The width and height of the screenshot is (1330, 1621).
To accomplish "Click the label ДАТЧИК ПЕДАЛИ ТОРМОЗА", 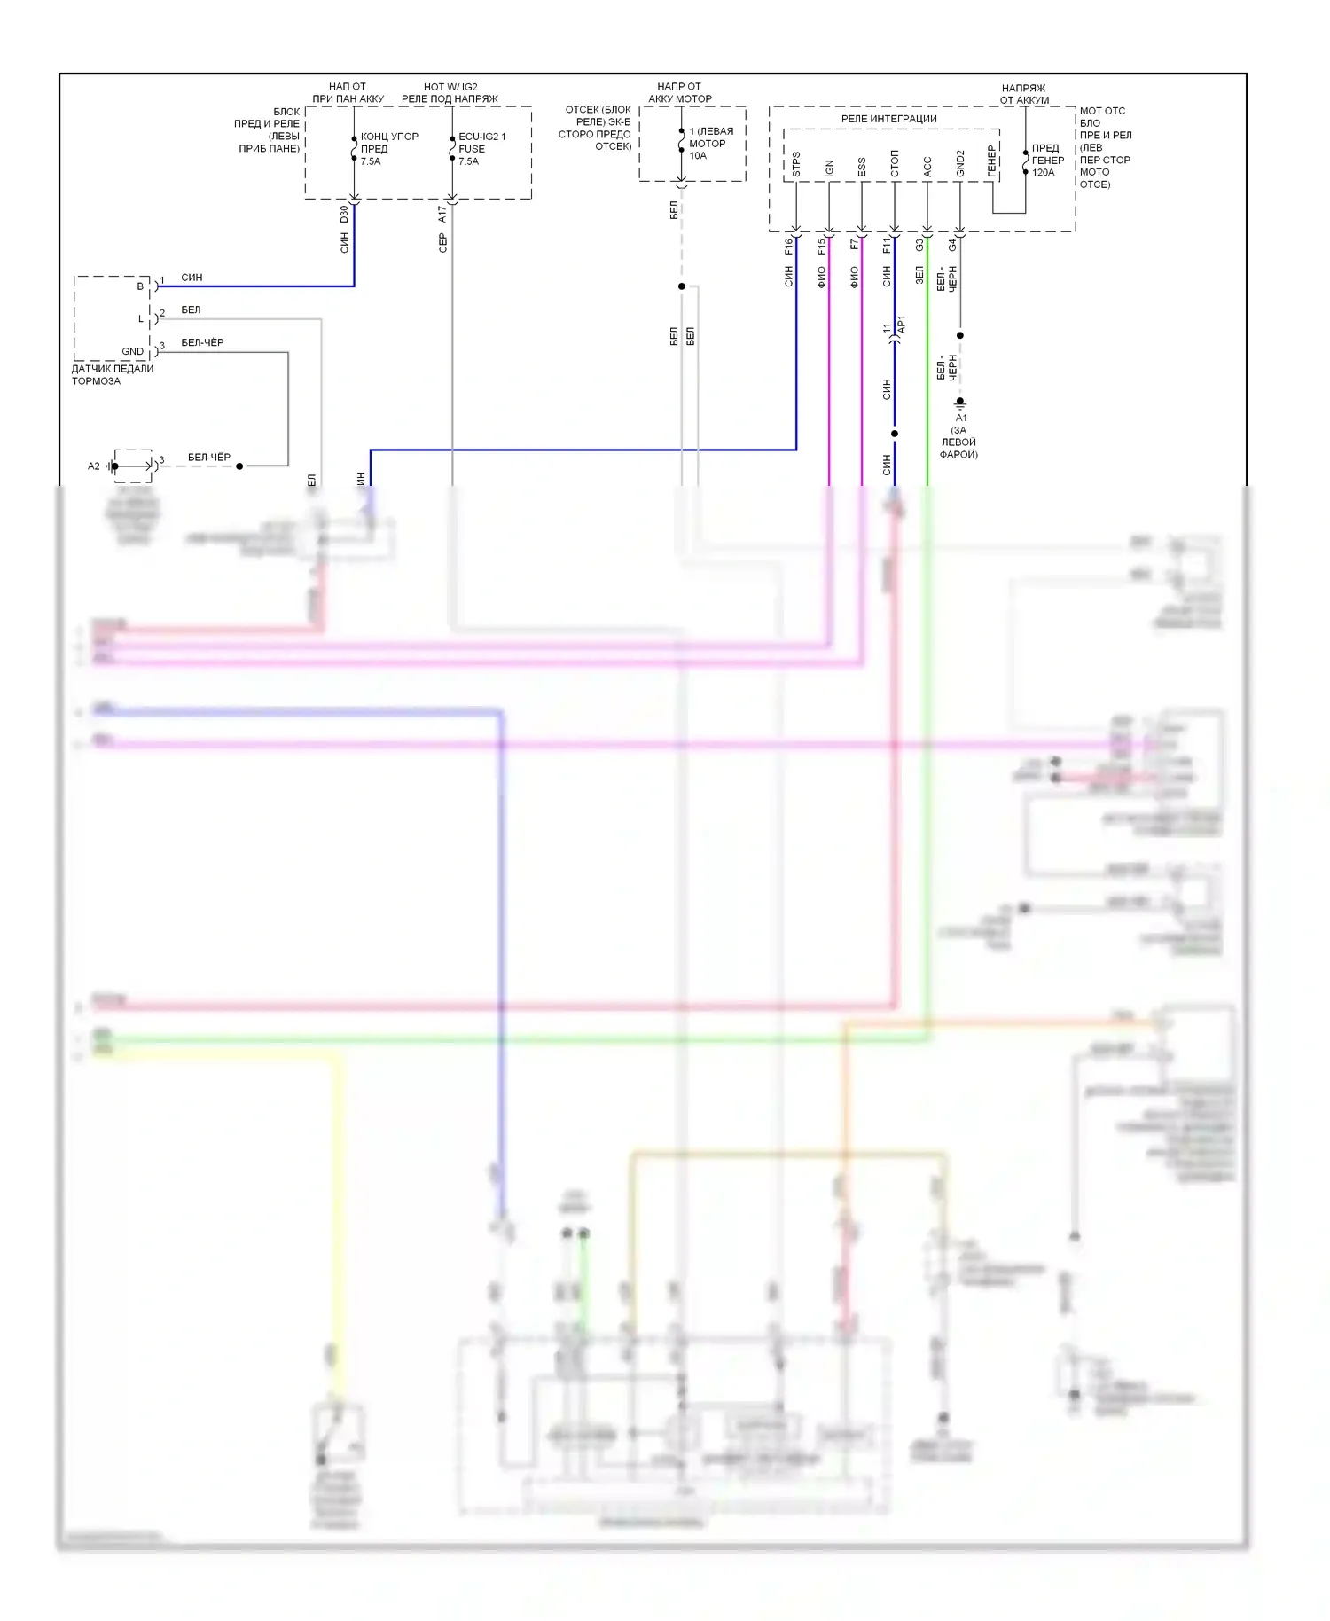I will click(x=112, y=374).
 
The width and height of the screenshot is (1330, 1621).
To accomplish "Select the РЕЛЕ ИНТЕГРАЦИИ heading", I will click(x=888, y=119).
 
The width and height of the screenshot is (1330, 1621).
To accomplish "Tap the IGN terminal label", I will click(x=829, y=168).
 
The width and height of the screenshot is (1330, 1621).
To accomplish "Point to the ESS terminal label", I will click(x=861, y=167).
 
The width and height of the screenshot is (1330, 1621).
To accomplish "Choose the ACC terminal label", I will click(x=927, y=167).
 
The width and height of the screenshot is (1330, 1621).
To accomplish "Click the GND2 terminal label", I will click(x=959, y=163).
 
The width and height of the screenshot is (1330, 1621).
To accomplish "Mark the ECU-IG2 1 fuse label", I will click(x=481, y=137).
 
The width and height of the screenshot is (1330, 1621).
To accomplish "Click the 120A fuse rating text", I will click(x=1043, y=172).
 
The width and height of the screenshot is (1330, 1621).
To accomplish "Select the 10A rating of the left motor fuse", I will click(x=698, y=155).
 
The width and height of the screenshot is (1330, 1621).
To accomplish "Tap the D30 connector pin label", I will click(x=344, y=215).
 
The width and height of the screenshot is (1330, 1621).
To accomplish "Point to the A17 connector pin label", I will click(x=442, y=215).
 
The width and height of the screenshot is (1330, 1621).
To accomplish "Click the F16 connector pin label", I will click(x=787, y=247).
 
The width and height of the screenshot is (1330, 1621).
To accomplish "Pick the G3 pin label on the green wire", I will click(x=919, y=245).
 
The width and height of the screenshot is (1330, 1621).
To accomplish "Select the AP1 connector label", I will click(x=902, y=325).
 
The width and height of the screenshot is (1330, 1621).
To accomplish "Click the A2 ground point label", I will click(x=93, y=466).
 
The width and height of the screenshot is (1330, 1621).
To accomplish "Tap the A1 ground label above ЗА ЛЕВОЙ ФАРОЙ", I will click(x=961, y=418).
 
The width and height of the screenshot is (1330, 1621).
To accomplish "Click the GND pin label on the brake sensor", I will click(x=132, y=351).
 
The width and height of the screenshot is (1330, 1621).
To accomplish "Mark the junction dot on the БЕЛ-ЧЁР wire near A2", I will click(x=239, y=466).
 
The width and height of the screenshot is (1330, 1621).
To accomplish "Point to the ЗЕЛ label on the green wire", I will click(x=919, y=275).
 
